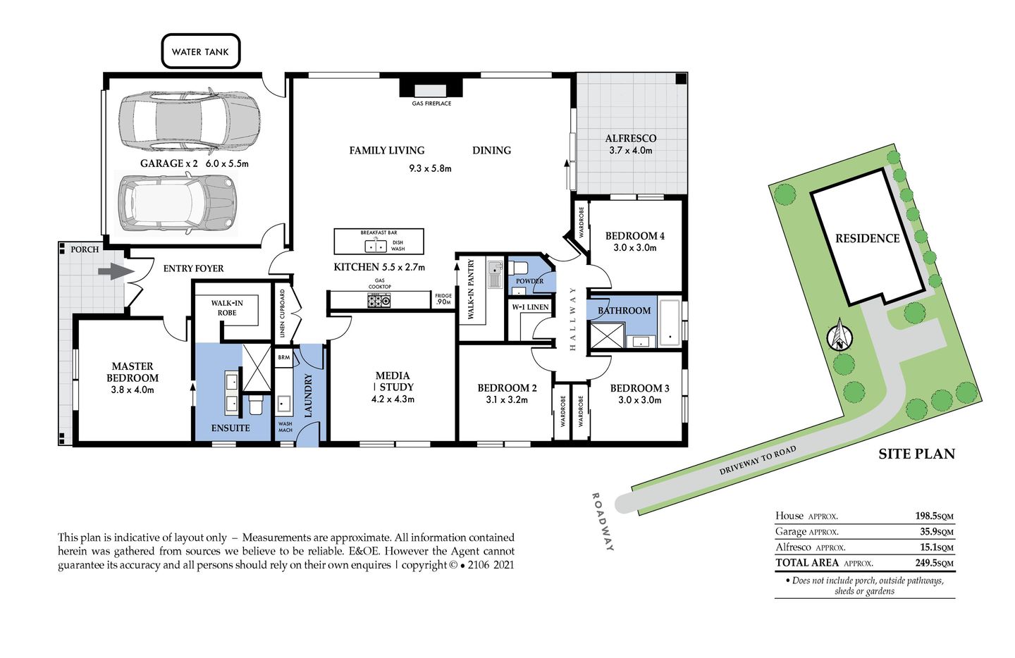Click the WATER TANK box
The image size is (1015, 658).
click(x=200, y=51)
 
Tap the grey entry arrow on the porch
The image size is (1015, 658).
click(x=111, y=271)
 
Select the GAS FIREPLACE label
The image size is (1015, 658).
click(x=431, y=104)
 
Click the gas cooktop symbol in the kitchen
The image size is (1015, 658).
click(x=379, y=301)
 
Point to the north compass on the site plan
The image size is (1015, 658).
click(x=839, y=336)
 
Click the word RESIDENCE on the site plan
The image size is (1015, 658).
click(x=867, y=239)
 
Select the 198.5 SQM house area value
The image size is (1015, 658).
click(x=934, y=516)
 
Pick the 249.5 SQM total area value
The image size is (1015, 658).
click(x=934, y=563)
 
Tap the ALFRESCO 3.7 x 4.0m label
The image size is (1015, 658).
click(x=630, y=144)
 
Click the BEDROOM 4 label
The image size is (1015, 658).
click(x=634, y=236)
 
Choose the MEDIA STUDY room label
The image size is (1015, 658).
click(x=393, y=381)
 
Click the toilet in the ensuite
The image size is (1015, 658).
click(x=256, y=405)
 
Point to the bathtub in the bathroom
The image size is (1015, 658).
click(x=670, y=323)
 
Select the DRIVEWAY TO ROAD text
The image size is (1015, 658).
click(x=758, y=459)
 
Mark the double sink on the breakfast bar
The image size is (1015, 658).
click(x=375, y=246)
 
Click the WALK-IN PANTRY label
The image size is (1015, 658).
click(x=472, y=289)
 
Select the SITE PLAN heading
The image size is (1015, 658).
click(x=916, y=454)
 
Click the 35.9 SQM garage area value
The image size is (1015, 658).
click(x=936, y=532)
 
